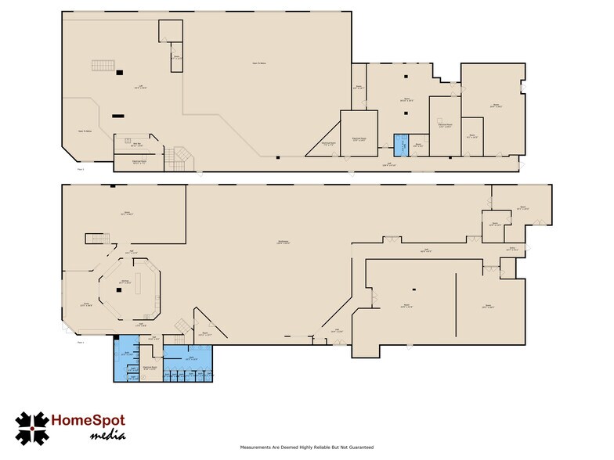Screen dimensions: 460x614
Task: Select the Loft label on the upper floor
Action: pyautogui.click(x=140, y=87)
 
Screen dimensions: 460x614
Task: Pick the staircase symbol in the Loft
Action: pyautogui.click(x=103, y=66)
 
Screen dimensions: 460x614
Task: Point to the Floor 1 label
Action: pyautogui.click(x=80, y=342)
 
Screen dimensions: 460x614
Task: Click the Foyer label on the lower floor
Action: pyautogui.click(x=87, y=306)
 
